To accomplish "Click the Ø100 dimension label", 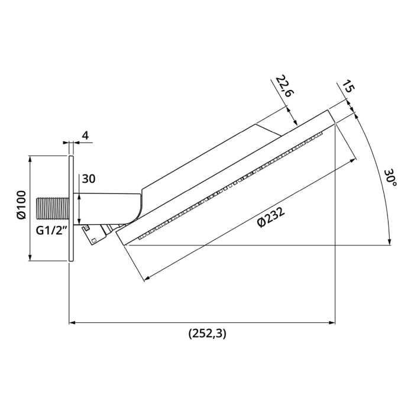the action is pyautogui.click(x=21, y=205).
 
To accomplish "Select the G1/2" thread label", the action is pyautogui.click(x=51, y=231).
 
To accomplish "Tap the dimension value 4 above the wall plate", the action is pyautogui.click(x=85, y=135).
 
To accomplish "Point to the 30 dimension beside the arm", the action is pyautogui.click(x=89, y=179).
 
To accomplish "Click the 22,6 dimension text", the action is pyautogui.click(x=285, y=86).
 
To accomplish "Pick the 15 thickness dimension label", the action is pyautogui.click(x=348, y=86).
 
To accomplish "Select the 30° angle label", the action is pyautogui.click(x=390, y=177).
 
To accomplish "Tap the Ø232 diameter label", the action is pyautogui.click(x=271, y=217).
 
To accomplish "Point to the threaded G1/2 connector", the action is pyautogui.click(x=52, y=208).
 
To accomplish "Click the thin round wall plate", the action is pyautogui.click(x=71, y=208).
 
